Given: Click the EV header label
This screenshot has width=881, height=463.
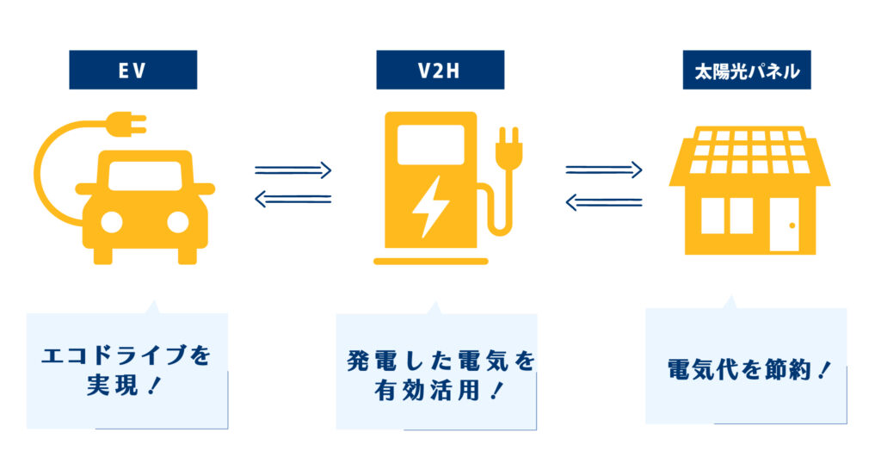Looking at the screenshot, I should [x=132, y=70].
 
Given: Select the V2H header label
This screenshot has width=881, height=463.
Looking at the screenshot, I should [x=440, y=70].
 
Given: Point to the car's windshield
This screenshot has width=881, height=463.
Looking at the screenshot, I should [x=145, y=176].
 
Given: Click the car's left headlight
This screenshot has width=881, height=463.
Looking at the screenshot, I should [x=112, y=222].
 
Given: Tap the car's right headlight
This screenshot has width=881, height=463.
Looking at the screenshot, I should [x=177, y=222].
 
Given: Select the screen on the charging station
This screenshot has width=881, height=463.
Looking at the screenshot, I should [x=430, y=144].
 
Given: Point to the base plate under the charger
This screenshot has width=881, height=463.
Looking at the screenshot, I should [x=430, y=260].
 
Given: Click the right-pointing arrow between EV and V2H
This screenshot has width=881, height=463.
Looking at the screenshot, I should [x=293, y=170].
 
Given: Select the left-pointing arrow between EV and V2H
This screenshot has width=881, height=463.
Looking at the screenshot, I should [x=293, y=200].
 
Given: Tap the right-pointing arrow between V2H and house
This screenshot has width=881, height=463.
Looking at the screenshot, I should [x=604, y=170].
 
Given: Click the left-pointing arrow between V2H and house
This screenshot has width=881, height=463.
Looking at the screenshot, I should [x=604, y=202].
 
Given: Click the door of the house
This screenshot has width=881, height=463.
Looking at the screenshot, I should [x=785, y=225].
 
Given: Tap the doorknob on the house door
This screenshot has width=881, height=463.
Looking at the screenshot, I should [x=792, y=226].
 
